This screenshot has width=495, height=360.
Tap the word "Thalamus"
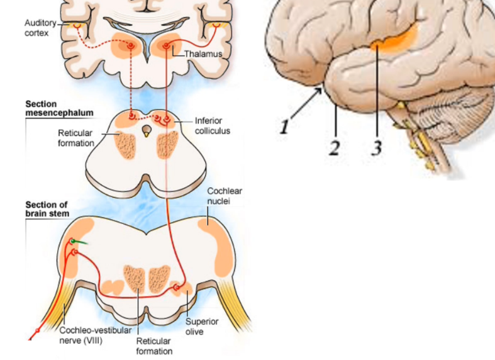point(203,54)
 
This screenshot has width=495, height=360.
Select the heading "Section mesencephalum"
point(59,108)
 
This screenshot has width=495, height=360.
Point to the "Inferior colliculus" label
point(212,125)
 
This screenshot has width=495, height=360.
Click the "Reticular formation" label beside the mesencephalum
point(75,138)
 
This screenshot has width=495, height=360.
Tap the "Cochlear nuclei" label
point(225,196)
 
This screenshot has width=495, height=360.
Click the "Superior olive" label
point(202,326)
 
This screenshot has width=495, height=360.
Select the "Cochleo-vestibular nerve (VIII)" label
point(95,335)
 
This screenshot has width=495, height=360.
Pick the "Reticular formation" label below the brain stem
point(154,346)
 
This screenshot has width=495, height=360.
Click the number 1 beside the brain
point(284,126)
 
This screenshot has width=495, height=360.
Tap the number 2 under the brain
point(335,148)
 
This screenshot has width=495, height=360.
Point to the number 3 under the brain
point(376,148)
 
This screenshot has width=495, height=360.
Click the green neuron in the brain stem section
point(74,241)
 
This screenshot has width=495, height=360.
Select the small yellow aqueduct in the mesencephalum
point(147,132)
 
